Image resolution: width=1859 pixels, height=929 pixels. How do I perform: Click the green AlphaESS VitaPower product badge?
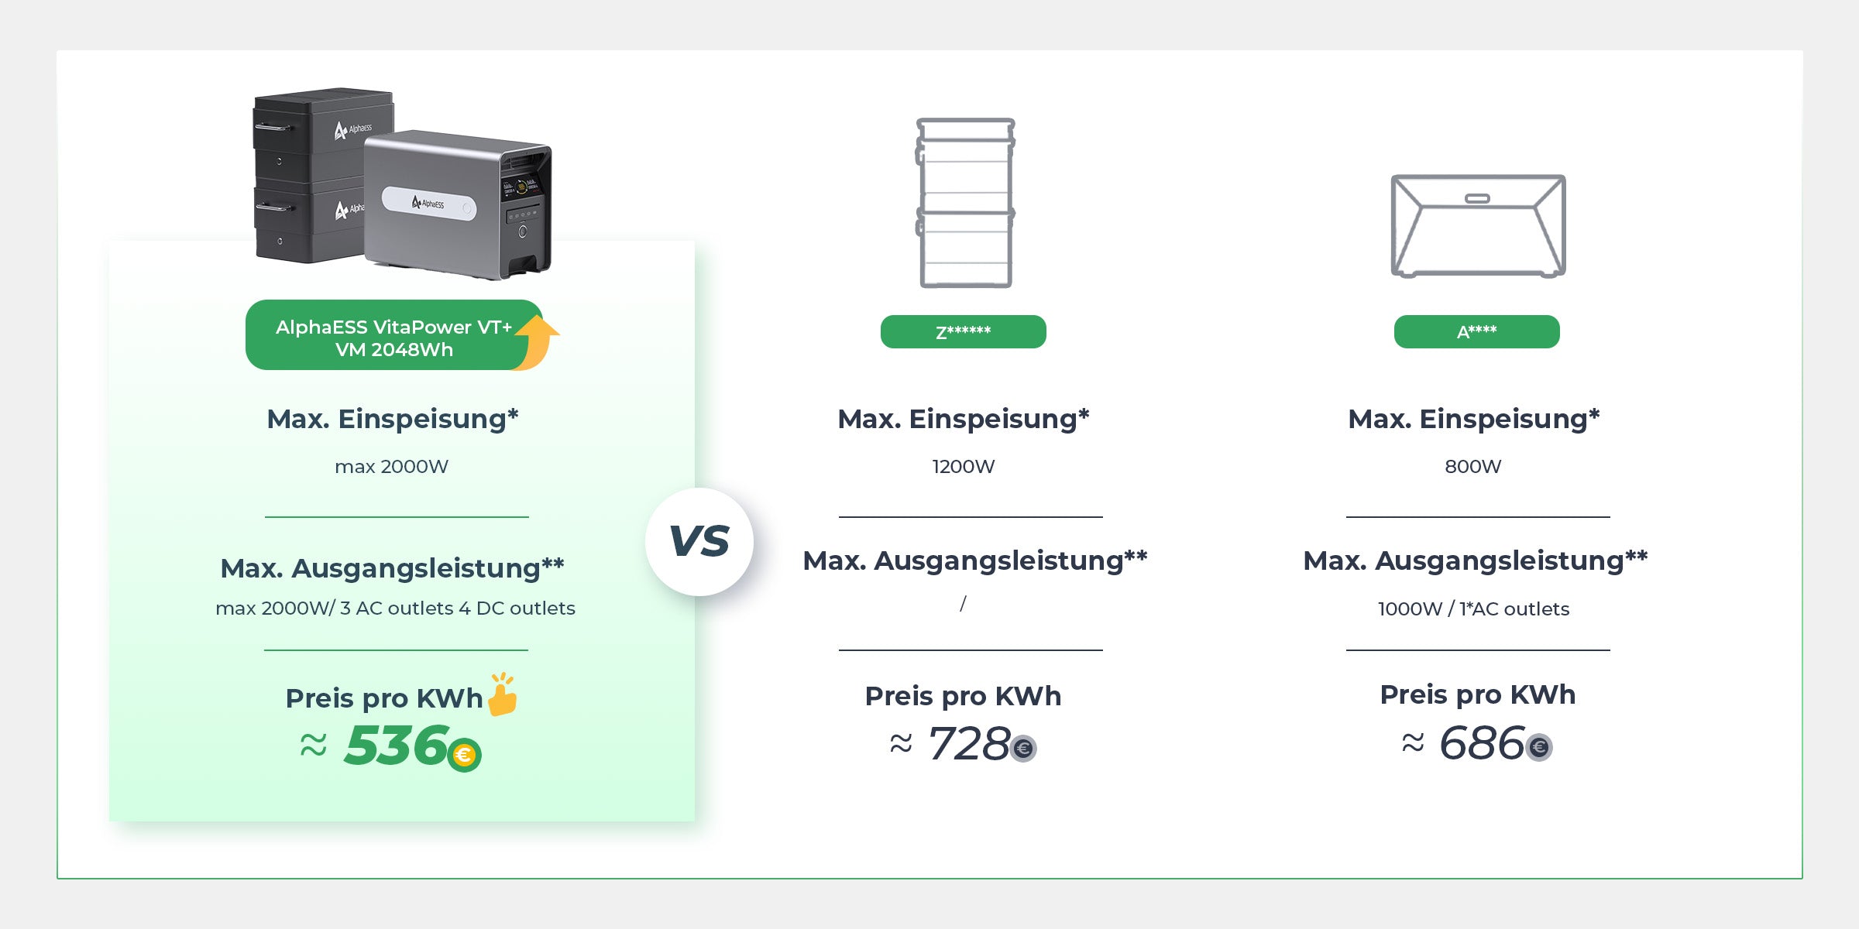point(394,334)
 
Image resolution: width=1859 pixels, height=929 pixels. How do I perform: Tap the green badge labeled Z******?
point(964,331)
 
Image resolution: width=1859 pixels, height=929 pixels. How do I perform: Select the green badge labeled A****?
point(1477,331)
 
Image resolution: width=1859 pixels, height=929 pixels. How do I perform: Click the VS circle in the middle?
point(699,541)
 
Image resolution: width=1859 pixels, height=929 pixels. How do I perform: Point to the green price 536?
point(397,745)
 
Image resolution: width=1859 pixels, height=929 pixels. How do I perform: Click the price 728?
point(969,743)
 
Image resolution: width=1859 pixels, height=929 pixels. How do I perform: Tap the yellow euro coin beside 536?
point(465,755)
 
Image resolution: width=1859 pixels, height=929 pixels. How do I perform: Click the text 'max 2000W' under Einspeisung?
point(391,466)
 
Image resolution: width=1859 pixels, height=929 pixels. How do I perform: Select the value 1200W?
point(964,466)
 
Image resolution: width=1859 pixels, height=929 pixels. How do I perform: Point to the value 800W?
point(1473,466)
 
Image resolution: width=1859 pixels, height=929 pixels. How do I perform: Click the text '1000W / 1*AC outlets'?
point(1473,609)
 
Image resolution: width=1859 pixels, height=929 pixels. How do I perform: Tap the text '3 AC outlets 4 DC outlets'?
point(458,608)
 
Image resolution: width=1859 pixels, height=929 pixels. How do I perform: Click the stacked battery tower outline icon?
point(965,203)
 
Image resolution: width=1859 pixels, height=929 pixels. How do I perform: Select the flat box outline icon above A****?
point(1478,225)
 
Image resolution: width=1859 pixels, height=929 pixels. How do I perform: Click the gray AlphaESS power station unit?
point(458,205)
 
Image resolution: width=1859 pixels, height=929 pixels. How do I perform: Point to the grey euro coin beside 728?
point(1024,748)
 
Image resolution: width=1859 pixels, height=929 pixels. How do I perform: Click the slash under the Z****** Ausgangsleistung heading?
point(963,604)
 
